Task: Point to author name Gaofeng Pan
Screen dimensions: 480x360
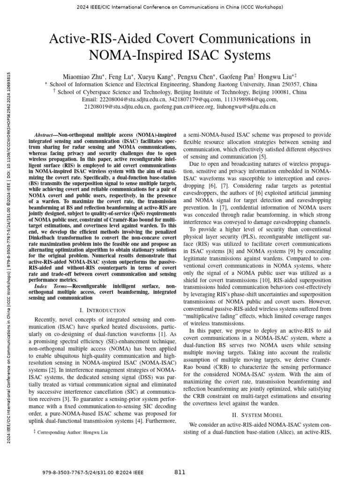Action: coord(237,76)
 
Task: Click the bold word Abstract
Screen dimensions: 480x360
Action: coord(46,121)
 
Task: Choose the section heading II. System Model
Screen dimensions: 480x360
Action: coord(257,415)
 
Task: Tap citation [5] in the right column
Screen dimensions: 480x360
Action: coord(263,156)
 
